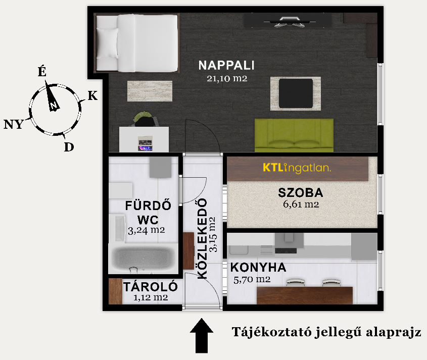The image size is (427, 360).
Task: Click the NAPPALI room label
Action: (x=226, y=65)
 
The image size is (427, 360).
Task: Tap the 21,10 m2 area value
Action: (x=227, y=79)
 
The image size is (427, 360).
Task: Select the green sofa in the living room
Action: (x=294, y=135)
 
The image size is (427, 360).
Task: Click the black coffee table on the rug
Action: (x=296, y=93)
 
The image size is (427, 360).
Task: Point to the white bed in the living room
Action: (x=137, y=43)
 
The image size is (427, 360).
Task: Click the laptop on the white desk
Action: (x=145, y=143)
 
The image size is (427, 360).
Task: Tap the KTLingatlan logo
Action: (x=297, y=168)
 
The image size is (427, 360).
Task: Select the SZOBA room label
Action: (x=301, y=193)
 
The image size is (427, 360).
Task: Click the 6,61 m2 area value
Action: (x=301, y=204)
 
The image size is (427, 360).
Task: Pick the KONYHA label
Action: (x=258, y=268)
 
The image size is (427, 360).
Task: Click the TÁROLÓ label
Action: (x=150, y=287)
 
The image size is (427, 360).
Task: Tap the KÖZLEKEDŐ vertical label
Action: (x=202, y=239)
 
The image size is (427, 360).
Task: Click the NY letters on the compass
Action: (x=14, y=124)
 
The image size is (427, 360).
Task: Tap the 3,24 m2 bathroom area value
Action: (x=146, y=230)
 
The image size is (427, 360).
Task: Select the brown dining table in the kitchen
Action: (x=305, y=295)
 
